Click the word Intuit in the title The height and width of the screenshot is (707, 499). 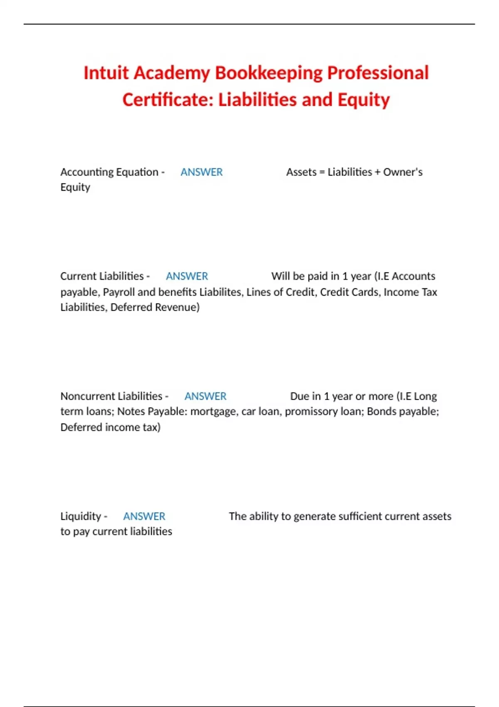pyautogui.click(x=106, y=73)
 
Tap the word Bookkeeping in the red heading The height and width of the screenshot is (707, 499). pyautogui.click(x=269, y=73)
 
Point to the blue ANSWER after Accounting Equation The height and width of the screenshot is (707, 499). pyautogui.click(x=202, y=172)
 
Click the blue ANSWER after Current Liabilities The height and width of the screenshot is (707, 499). pyautogui.click(x=187, y=276)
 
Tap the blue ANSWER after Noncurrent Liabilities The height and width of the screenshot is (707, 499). pyautogui.click(x=205, y=396)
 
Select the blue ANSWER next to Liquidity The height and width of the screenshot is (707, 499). pyautogui.click(x=144, y=516)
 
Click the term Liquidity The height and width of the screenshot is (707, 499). pyautogui.click(x=81, y=516)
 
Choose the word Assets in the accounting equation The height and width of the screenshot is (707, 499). pyautogui.click(x=301, y=172)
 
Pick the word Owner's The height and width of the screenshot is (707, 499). pyautogui.click(x=403, y=172)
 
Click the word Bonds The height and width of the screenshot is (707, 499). pyautogui.click(x=379, y=411)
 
